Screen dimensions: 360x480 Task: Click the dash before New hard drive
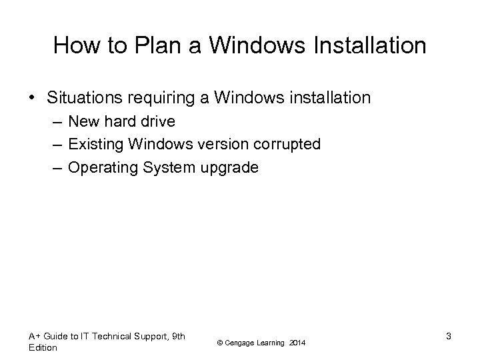(x=55, y=121)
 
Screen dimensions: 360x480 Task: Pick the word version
(x=221, y=144)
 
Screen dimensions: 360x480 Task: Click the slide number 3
(x=449, y=336)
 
